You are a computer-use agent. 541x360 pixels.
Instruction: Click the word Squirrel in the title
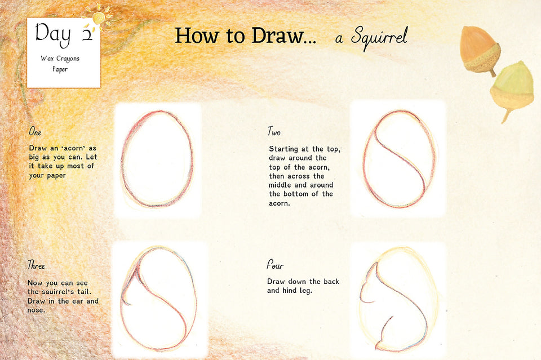point(379,37)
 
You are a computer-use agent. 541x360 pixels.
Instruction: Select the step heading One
point(35,131)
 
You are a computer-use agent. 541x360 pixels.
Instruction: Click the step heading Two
point(274,131)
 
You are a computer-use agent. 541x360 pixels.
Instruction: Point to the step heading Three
point(36,265)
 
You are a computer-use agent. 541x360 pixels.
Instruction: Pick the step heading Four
point(275,265)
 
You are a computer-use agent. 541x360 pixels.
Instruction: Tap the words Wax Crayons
point(60,59)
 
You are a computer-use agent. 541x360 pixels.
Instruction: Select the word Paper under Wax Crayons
point(60,69)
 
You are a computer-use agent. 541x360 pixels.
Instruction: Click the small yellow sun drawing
point(99,17)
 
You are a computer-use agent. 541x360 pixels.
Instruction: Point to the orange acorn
point(480,50)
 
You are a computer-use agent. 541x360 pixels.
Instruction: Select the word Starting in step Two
point(283,149)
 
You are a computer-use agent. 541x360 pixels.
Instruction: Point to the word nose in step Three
point(36,310)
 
